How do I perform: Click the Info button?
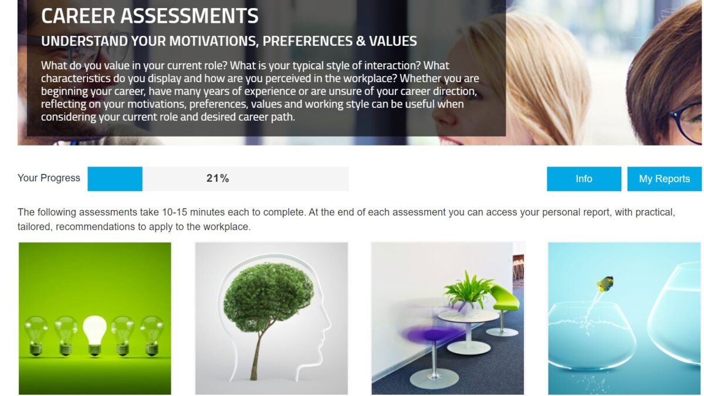tap(584, 178)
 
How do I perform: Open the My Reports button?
tap(664, 178)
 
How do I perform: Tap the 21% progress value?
tap(218, 178)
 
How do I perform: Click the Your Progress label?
tap(49, 178)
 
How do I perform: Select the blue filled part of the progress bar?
tap(115, 178)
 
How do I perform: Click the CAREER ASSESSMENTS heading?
tap(150, 16)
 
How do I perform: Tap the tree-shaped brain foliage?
tap(268, 297)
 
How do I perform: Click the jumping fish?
tap(605, 284)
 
